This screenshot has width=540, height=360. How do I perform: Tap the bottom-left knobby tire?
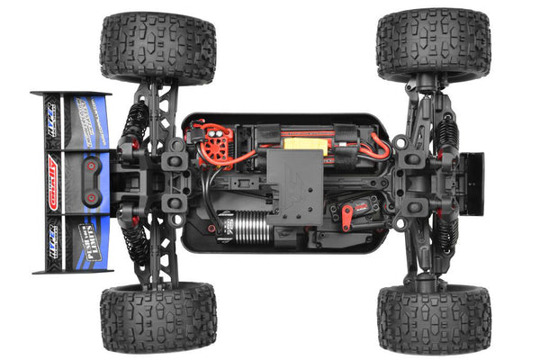(x=157, y=317)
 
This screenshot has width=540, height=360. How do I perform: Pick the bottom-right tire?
(x=434, y=318)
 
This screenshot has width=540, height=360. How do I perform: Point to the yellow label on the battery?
(x=297, y=141)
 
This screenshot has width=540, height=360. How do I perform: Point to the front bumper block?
(x=471, y=184)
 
